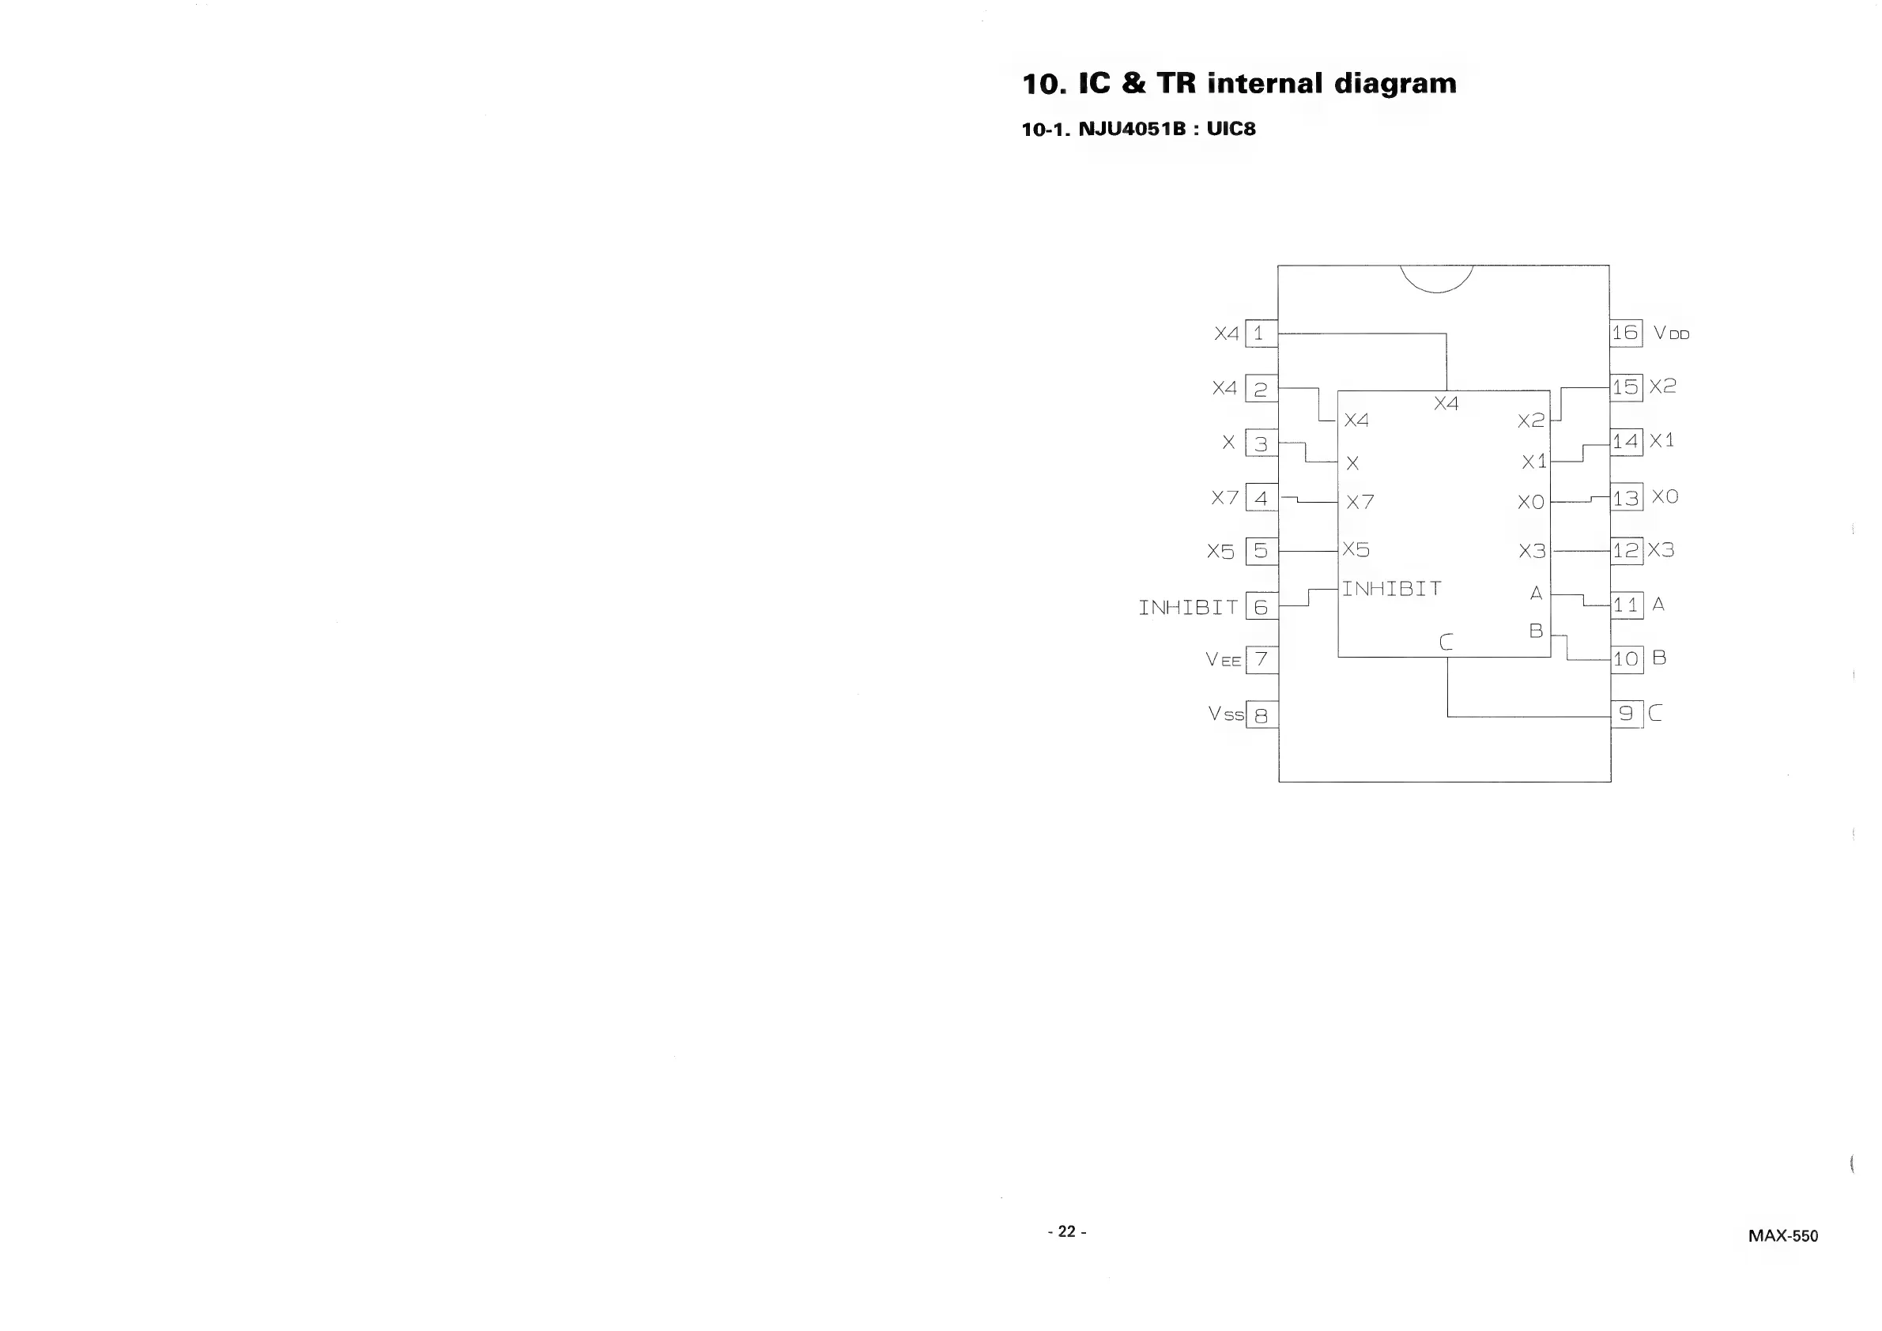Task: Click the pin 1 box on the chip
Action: pos(1261,334)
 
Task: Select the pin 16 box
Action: pos(1625,333)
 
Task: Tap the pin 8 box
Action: pos(1262,715)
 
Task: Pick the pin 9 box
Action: pos(1626,714)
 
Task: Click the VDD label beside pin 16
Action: pos(1671,334)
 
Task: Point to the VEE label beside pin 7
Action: pos(1223,660)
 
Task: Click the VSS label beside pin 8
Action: pos(1225,715)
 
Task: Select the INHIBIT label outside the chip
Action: pos(1188,607)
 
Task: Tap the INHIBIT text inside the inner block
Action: pos(1391,589)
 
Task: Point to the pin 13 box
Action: pos(1626,497)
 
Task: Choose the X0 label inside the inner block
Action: pos(1530,503)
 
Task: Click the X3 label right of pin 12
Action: pos(1661,550)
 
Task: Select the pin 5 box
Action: pos(1262,551)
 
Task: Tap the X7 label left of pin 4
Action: pos(1225,497)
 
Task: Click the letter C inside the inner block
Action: pos(1446,643)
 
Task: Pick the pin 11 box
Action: pos(1626,605)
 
